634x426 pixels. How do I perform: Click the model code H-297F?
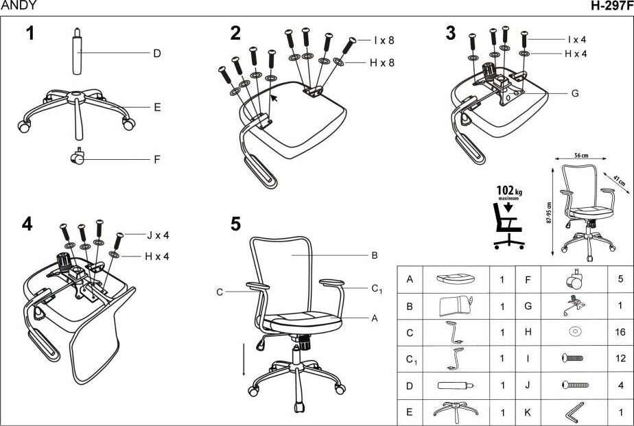(612, 6)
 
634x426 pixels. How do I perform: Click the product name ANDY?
(19, 6)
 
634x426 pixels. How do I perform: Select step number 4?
(27, 224)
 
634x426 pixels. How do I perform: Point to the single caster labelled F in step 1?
(77, 158)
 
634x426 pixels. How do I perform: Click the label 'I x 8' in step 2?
(384, 40)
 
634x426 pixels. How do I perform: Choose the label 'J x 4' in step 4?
(158, 235)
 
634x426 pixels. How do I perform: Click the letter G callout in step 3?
(575, 93)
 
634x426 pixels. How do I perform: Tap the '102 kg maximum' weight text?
(508, 193)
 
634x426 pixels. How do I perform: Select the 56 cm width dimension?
(580, 156)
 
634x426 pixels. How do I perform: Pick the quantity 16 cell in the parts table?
(620, 333)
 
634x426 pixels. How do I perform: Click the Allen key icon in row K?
(575, 412)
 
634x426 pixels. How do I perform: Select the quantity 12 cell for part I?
(620, 359)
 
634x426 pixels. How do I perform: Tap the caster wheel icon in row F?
(574, 279)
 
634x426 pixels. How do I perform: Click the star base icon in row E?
(456, 412)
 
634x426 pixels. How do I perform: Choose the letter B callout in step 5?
(375, 255)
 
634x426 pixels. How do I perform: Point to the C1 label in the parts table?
(411, 359)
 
